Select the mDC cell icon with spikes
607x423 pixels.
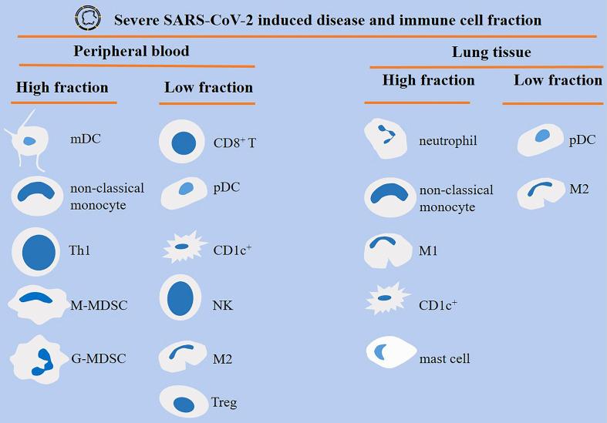point(30,141)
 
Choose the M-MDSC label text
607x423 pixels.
point(99,305)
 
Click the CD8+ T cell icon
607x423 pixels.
point(183,143)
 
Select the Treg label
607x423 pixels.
point(224,402)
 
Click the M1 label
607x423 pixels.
point(429,251)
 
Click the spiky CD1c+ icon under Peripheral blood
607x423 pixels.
point(183,248)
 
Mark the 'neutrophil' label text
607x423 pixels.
point(448,141)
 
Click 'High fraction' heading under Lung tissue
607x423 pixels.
point(429,80)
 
